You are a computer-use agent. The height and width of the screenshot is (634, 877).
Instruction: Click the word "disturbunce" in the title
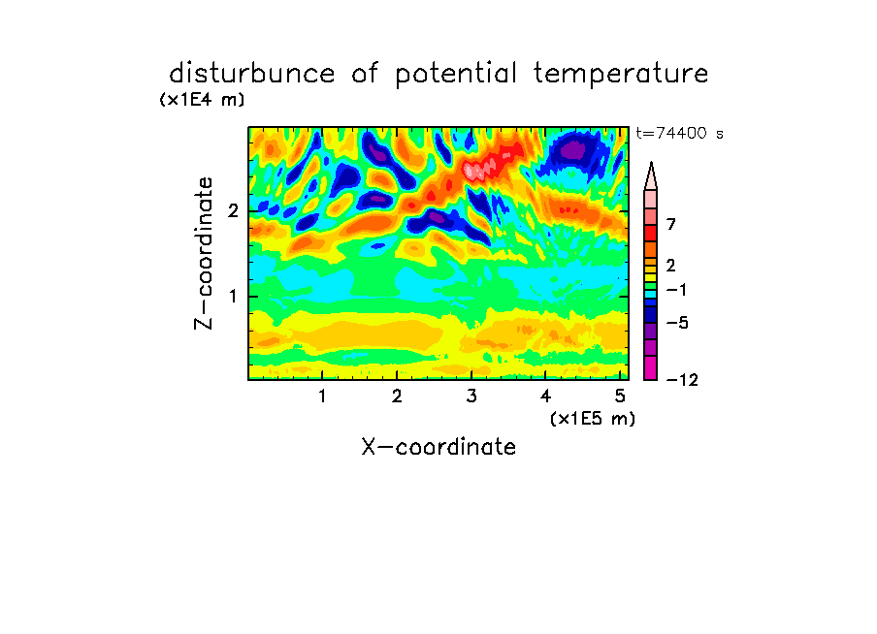pos(251,74)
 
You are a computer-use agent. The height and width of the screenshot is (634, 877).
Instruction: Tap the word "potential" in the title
pos(456,75)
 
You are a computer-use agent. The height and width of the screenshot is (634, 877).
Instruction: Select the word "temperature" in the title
pos(621,75)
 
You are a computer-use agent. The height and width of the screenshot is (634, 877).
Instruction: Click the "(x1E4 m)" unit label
pos(202,100)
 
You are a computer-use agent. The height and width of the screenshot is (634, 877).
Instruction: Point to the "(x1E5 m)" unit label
pos(593,419)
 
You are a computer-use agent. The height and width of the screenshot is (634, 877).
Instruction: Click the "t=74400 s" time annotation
pos(679,134)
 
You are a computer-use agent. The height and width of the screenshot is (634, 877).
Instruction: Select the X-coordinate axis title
pos(438,447)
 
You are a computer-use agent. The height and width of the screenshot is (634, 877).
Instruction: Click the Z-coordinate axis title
pos(204,253)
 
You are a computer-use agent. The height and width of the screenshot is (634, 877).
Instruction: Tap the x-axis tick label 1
pos(323,396)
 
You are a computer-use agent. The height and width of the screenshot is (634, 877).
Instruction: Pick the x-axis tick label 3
pos(471,396)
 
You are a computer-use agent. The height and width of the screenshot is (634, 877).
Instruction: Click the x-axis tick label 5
pos(620,396)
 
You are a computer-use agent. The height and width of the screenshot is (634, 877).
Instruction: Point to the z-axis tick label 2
pos(233,210)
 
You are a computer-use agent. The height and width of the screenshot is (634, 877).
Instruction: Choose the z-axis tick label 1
pos(233,297)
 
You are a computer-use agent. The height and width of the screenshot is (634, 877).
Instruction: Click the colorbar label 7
pos(671,225)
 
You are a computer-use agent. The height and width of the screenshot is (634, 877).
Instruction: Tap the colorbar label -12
pos(682,381)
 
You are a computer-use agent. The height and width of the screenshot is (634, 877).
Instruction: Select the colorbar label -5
pos(677,323)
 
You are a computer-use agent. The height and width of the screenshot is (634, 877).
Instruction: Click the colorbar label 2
pos(671,266)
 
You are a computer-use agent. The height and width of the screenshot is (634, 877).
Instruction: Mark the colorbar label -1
pos(676,290)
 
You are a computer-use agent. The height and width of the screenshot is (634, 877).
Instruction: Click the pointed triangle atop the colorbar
pos(651,176)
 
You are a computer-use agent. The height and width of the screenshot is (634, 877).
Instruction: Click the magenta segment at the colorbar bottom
pos(651,367)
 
